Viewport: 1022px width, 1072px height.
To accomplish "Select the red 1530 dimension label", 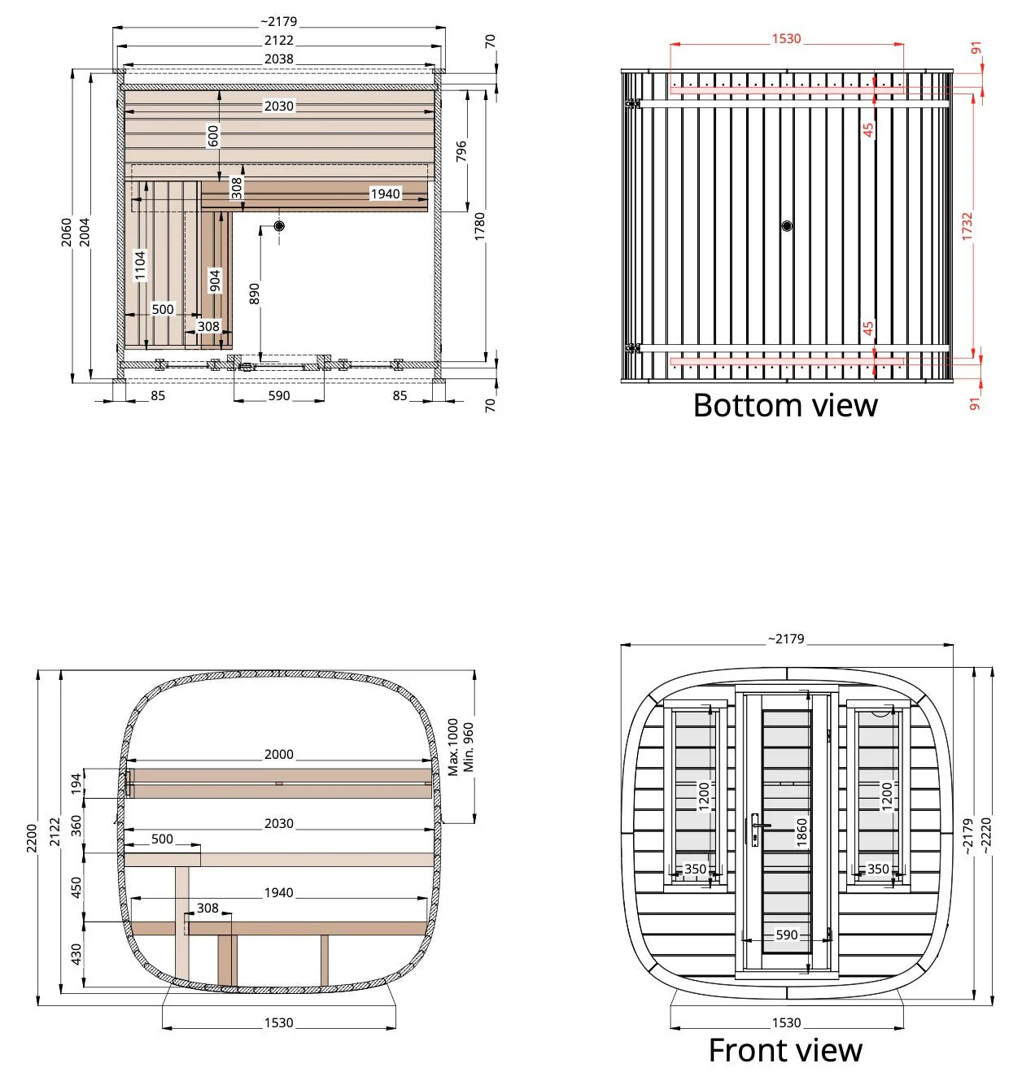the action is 786,39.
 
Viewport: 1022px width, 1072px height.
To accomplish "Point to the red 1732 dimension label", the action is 967,226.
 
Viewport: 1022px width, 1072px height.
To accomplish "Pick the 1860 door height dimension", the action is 801,832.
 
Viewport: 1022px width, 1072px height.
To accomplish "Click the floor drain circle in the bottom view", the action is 786,225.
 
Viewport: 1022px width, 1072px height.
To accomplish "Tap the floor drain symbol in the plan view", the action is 279,226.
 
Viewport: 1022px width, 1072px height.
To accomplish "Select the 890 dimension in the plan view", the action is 254,294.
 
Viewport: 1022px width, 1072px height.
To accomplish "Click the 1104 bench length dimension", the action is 140,265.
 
